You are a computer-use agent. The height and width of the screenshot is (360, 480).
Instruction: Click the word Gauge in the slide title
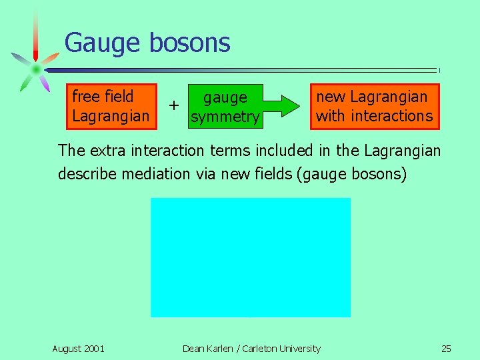click(x=103, y=43)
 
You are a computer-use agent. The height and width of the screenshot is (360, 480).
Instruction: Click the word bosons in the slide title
click(x=189, y=43)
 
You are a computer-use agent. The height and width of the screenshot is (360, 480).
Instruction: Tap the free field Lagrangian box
click(x=111, y=106)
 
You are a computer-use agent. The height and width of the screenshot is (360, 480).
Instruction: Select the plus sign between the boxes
click(x=174, y=105)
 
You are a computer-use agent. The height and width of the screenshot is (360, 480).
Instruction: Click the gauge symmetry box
click(x=225, y=107)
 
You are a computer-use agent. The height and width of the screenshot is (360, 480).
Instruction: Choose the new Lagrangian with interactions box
click(x=374, y=106)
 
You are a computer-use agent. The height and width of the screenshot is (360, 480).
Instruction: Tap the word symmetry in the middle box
click(x=225, y=117)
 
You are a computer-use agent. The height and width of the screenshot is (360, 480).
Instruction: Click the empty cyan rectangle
click(x=250, y=257)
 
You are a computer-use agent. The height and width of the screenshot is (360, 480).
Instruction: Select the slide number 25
click(x=446, y=349)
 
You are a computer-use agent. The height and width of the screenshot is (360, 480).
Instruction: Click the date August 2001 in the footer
click(x=78, y=349)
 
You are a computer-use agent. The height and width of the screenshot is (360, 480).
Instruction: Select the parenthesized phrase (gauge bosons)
click(x=357, y=174)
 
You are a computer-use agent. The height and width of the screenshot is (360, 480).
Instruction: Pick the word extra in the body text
click(x=107, y=151)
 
